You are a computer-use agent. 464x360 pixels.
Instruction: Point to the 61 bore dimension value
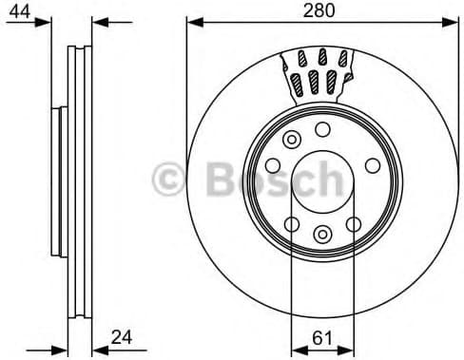pyautogui.click(x=321, y=337)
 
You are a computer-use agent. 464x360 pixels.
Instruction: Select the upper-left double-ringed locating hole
pyautogui.click(x=290, y=140)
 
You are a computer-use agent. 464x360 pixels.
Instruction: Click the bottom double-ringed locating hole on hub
pyautogui.click(x=321, y=233)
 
